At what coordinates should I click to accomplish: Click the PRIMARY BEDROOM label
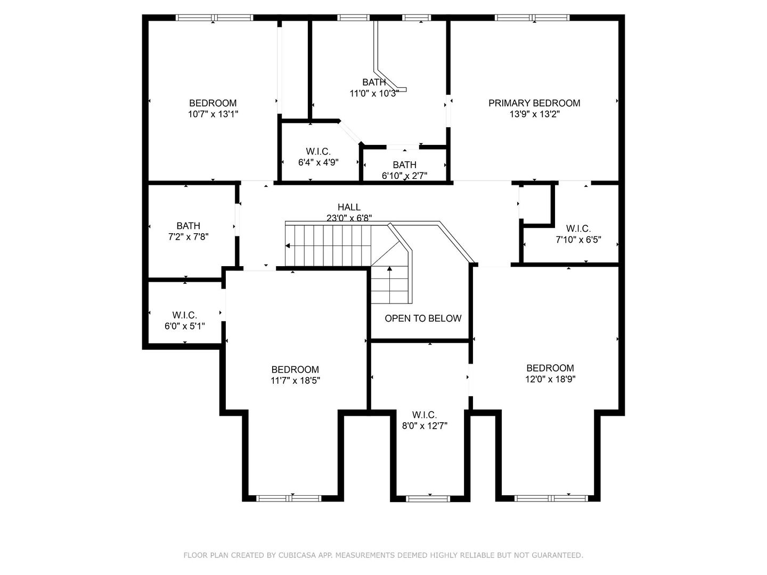click(x=534, y=103)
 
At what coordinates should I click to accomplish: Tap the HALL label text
click(x=349, y=207)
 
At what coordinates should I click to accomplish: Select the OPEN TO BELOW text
click(x=423, y=318)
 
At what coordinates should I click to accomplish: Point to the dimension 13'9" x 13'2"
click(x=534, y=114)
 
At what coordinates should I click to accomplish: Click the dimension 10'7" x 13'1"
click(x=213, y=114)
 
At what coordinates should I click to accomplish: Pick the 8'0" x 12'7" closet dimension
click(x=425, y=426)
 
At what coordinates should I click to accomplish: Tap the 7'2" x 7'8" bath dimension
click(x=188, y=236)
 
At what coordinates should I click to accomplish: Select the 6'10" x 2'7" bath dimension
click(x=404, y=176)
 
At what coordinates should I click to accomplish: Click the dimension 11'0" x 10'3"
click(x=374, y=93)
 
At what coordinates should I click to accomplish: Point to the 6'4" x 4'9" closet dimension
click(x=319, y=162)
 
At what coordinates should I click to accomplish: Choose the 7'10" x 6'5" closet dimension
click(x=578, y=240)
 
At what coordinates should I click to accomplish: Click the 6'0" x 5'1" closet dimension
click(x=185, y=326)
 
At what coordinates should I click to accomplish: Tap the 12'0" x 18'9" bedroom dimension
click(x=550, y=379)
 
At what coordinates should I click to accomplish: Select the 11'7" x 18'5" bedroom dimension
click(x=295, y=380)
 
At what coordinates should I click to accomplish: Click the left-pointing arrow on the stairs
click(x=288, y=245)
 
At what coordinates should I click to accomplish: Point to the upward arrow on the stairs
click(x=389, y=269)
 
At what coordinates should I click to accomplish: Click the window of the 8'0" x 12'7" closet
click(x=428, y=499)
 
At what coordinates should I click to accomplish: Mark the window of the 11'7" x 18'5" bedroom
click(x=289, y=498)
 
